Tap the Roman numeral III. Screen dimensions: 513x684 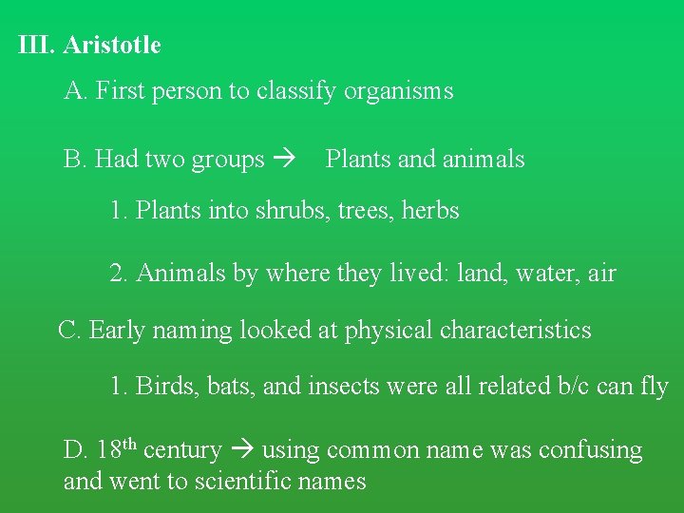coord(37,45)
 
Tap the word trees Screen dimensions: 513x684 coord(362,210)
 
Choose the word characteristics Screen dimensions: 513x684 coord(515,330)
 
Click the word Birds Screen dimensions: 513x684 coord(162,387)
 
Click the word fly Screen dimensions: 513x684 coord(655,387)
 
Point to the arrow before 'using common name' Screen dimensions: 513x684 coord(241,449)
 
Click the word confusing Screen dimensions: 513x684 coord(590,449)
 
